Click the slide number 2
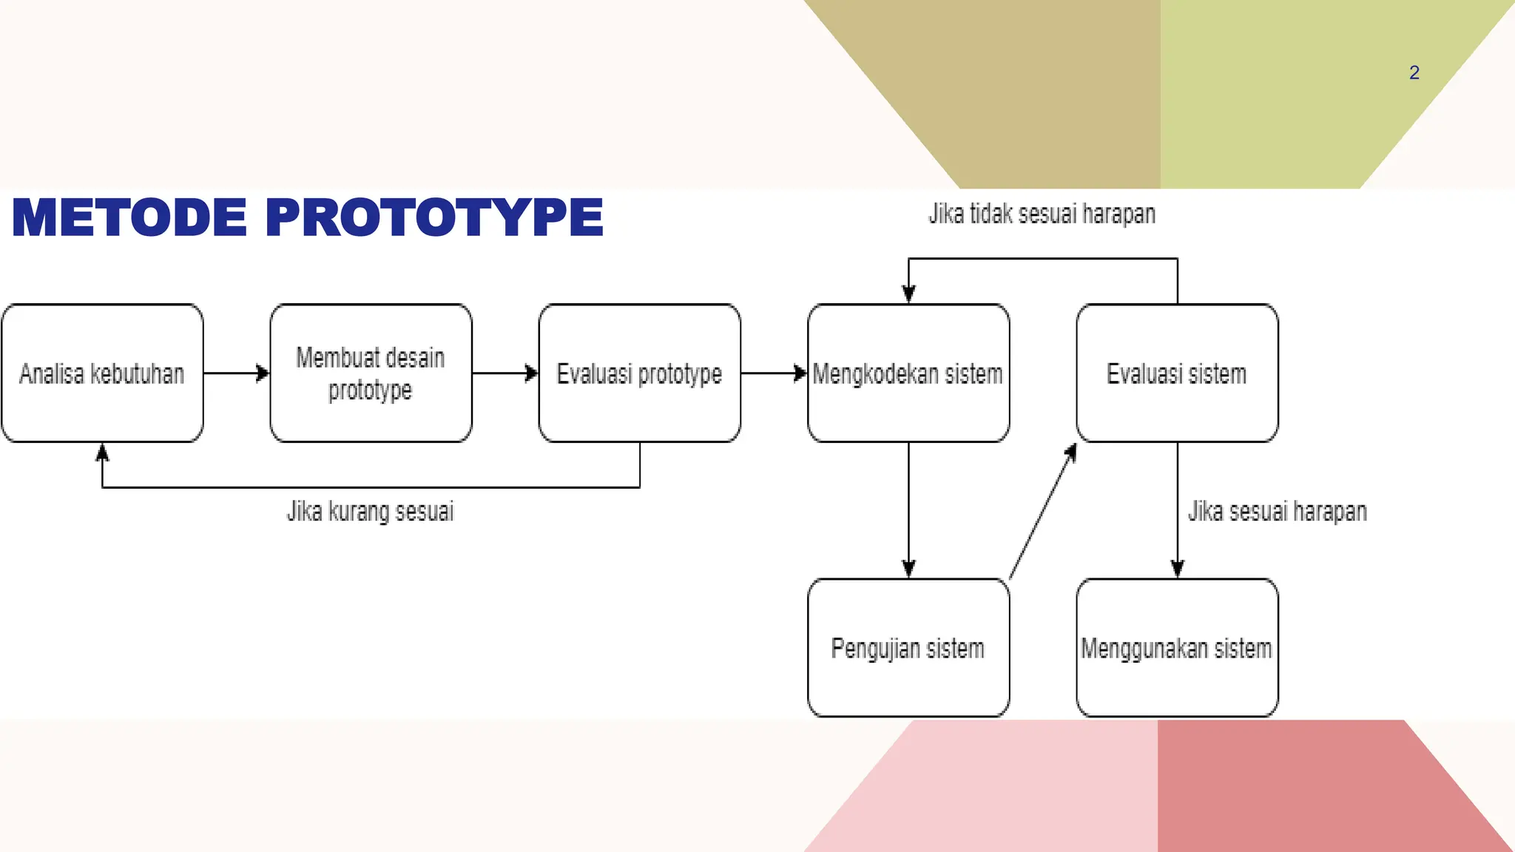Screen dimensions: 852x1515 1414,72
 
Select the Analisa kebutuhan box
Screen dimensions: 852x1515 102,373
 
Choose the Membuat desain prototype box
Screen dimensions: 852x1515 371,373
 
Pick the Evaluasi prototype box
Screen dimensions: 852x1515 639,373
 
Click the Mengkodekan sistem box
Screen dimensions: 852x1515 908,373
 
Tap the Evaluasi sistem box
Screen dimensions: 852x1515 1177,373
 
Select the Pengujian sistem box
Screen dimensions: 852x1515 908,648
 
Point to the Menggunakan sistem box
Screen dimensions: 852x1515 1177,648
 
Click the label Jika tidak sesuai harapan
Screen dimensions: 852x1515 1042,214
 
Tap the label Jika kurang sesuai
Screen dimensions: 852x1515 370,511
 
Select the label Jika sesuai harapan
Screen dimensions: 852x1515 1277,511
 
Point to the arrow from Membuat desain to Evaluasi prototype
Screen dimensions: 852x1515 505,373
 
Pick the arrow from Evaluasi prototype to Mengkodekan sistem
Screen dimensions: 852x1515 774,373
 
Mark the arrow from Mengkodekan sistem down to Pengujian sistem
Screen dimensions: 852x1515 908,510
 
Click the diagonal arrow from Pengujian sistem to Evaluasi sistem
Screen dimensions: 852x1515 1043,511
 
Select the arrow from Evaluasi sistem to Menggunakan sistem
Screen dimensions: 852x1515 1178,510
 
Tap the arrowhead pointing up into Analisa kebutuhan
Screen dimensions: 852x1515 102,452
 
